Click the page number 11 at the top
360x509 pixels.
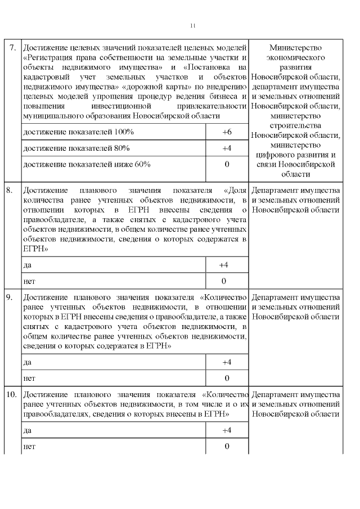pos(193,26)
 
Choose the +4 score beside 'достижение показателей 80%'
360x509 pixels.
pos(227,148)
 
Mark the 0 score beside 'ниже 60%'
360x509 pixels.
pos(227,164)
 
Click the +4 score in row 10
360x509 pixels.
pos(227,430)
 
